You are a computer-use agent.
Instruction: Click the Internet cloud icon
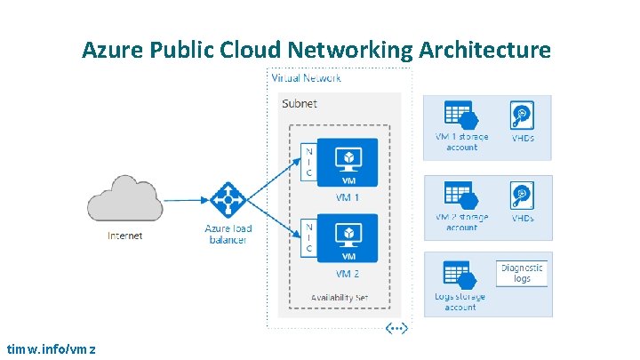tap(124, 199)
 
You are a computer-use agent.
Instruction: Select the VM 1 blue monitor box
tap(348, 163)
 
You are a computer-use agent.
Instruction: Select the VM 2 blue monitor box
tap(348, 237)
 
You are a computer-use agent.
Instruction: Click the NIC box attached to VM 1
tap(308, 163)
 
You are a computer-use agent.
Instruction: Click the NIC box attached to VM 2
tap(308, 237)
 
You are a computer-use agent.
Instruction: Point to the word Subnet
tap(300, 104)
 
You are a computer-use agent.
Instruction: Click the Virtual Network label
tap(306, 77)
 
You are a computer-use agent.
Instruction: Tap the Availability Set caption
tap(339, 296)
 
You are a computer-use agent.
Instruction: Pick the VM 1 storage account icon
tap(460, 116)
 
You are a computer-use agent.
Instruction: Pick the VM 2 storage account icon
tap(460, 196)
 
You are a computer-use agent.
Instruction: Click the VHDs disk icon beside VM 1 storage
tap(521, 116)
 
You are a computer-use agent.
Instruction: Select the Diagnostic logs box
tap(522, 273)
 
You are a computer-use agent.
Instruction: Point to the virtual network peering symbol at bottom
tap(396, 328)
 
